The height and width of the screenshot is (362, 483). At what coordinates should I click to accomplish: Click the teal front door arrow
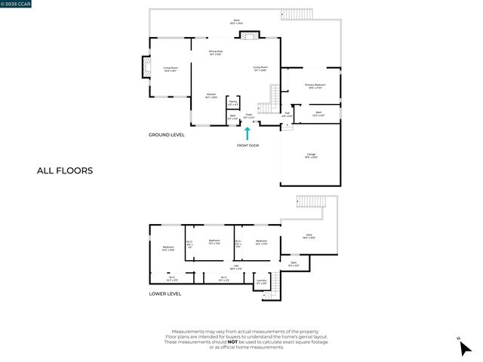(x=247, y=133)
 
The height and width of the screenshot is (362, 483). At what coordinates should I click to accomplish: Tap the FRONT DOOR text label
(x=248, y=146)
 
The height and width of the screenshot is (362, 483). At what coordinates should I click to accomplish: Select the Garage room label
(x=310, y=156)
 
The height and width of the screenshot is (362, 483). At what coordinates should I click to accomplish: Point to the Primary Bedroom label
(x=315, y=86)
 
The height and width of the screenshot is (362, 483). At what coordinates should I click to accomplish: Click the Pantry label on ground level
(x=233, y=101)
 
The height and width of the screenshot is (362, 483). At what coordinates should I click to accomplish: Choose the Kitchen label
(x=211, y=95)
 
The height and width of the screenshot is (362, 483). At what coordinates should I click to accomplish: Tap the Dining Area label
(x=215, y=52)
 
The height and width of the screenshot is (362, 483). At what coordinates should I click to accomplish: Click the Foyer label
(x=248, y=116)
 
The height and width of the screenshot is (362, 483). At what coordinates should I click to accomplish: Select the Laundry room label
(x=261, y=281)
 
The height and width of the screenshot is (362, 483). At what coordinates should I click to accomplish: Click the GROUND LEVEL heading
(x=166, y=134)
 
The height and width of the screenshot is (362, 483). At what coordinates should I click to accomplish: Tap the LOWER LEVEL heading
(x=165, y=293)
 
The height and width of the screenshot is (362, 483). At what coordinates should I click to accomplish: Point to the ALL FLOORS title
(x=65, y=170)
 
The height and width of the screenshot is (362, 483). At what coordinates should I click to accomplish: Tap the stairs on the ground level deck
(x=293, y=14)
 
